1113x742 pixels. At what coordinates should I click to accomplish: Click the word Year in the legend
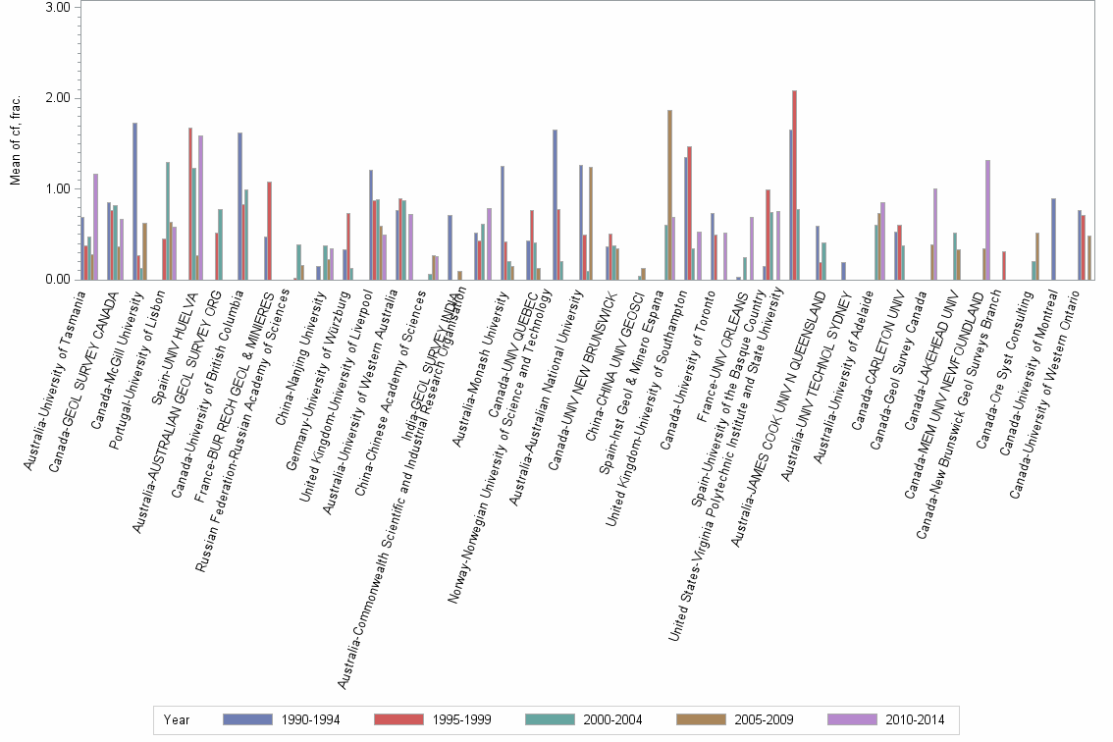(x=177, y=719)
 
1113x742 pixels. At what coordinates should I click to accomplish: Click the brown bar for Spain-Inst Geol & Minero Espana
(x=669, y=194)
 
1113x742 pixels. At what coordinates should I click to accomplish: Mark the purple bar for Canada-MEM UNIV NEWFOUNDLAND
(x=987, y=220)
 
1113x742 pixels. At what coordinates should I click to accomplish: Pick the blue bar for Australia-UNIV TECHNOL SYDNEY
(x=843, y=271)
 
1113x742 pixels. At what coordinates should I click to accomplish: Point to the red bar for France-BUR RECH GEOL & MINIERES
(x=269, y=231)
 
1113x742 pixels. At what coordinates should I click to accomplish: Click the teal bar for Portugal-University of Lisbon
(x=168, y=221)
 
